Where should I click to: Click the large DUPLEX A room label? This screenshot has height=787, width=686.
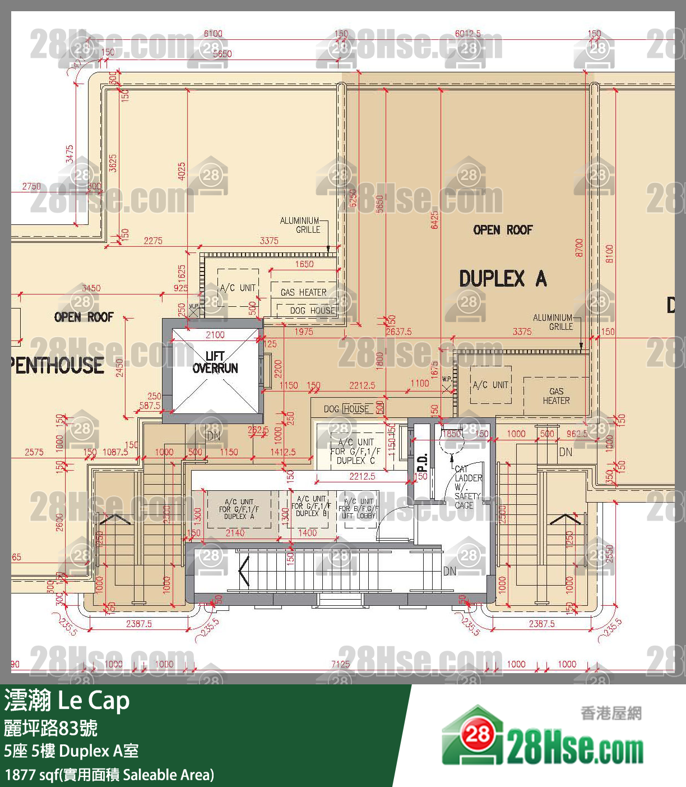(x=503, y=279)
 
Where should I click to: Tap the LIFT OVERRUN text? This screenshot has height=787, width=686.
(x=215, y=362)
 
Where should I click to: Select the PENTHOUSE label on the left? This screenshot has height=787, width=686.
(x=56, y=366)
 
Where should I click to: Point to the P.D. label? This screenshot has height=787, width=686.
(x=422, y=462)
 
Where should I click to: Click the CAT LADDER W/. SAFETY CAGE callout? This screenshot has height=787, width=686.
(x=467, y=487)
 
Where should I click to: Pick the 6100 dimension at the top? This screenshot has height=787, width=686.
(x=213, y=34)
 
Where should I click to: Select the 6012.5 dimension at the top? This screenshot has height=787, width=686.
(x=467, y=34)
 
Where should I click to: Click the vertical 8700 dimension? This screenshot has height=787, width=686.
(x=580, y=247)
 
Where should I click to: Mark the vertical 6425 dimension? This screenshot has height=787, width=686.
(x=434, y=220)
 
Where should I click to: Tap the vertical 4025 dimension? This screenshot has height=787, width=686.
(x=182, y=172)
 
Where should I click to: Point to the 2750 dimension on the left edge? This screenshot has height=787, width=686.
(x=31, y=186)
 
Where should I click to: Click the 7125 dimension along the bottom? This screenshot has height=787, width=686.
(x=340, y=664)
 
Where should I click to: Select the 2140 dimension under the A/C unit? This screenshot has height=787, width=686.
(x=235, y=533)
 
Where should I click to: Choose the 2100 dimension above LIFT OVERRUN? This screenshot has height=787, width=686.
(x=215, y=335)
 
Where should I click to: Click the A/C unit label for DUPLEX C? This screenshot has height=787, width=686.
(x=355, y=451)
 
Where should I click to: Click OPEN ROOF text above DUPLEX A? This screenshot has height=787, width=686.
(x=503, y=230)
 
